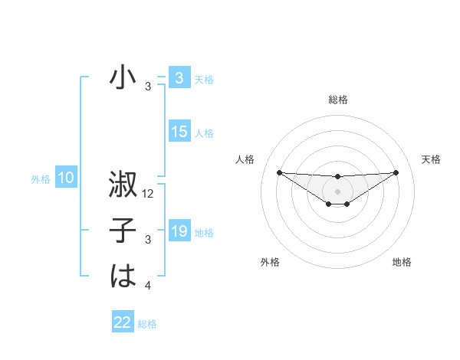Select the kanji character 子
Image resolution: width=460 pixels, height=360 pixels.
[x=123, y=231]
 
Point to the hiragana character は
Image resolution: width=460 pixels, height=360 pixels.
[x=123, y=276]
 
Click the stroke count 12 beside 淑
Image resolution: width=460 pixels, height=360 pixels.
[x=149, y=195]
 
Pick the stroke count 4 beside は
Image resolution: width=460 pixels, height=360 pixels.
[x=148, y=286]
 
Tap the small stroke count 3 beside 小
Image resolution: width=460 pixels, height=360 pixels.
[x=148, y=87]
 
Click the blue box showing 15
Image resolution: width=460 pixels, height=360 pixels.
[x=179, y=132]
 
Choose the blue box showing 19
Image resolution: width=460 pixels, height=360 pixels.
[x=179, y=231]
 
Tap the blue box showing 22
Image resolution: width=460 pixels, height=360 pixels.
[x=123, y=322]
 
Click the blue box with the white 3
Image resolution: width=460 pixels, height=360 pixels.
[x=179, y=78]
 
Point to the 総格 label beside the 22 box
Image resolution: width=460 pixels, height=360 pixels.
[x=147, y=324]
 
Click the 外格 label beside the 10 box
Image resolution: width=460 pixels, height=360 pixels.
[x=41, y=179]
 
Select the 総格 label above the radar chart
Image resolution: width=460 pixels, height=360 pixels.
[x=337, y=100]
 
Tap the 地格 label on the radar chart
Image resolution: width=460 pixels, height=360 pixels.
[x=402, y=262]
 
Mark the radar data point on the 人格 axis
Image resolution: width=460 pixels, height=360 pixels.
[x=279, y=172]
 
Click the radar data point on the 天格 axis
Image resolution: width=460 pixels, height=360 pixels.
[x=396, y=172]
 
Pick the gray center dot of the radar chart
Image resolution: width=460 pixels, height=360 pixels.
[x=337, y=191]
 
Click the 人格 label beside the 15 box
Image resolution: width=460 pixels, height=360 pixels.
[x=204, y=133]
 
